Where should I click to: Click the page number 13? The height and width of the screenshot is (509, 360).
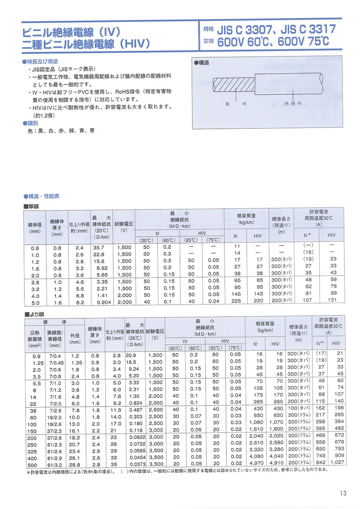coord(342,493)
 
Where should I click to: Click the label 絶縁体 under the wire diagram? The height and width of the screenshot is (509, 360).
coord(294,104)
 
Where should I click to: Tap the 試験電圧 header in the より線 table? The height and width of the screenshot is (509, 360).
coord(155,331)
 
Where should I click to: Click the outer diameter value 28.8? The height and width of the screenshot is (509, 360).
coord(75,465)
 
